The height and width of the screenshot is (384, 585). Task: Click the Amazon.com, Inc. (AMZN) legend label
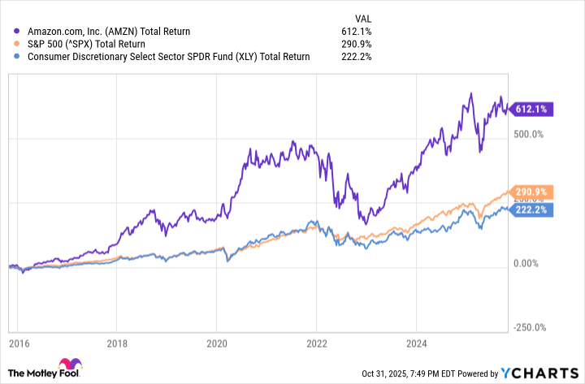(108, 32)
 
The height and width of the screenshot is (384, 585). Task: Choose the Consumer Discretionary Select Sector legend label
(167, 56)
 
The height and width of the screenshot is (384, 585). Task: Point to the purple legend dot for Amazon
(18, 32)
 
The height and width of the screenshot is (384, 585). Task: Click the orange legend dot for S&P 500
(18, 44)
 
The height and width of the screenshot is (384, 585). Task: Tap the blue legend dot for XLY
(18, 56)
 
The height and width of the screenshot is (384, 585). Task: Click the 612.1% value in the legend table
(357, 32)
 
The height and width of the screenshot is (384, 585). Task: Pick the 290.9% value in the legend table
(357, 44)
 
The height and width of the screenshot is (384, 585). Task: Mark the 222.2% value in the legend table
(357, 56)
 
